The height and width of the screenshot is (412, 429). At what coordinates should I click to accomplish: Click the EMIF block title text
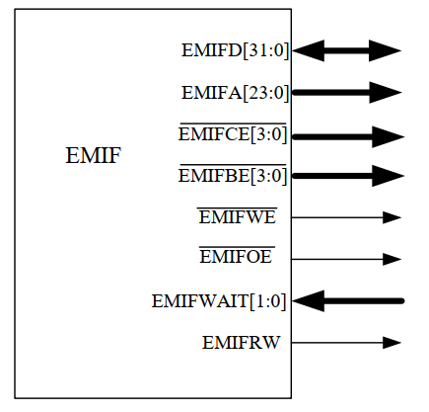[93, 155]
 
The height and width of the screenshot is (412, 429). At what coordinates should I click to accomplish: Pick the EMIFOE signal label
[236, 259]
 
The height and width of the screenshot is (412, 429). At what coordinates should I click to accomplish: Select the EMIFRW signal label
[242, 343]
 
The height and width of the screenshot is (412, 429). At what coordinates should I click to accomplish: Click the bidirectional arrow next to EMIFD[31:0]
[347, 50]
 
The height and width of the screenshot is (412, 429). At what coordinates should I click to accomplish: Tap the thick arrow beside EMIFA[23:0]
[347, 93]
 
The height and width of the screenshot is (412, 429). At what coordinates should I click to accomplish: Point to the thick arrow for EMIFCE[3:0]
[348, 135]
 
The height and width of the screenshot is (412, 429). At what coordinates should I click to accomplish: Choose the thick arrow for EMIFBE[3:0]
[348, 177]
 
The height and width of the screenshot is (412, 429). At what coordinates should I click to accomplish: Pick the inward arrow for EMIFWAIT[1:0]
[348, 300]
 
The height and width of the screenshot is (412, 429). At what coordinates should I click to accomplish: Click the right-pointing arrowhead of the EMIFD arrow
[386, 50]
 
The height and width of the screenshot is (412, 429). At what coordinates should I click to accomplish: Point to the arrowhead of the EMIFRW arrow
[393, 343]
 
